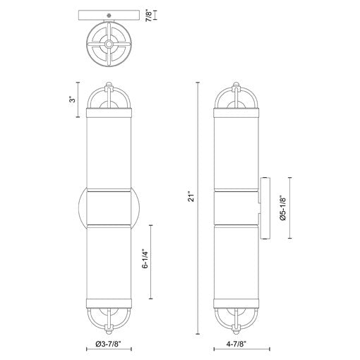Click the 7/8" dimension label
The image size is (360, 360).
[x=149, y=15]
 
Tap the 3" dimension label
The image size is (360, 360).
[x=73, y=100]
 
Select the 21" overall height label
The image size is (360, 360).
[x=192, y=197]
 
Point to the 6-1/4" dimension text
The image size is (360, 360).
[x=145, y=260]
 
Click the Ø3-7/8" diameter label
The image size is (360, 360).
[x=109, y=344]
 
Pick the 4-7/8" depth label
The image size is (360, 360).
[x=236, y=344]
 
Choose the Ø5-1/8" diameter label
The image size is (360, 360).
[x=283, y=208]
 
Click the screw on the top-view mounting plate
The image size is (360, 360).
[x=109, y=16]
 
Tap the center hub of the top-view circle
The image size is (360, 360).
[x=109, y=44]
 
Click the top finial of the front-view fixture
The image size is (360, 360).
[x=109, y=85]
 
